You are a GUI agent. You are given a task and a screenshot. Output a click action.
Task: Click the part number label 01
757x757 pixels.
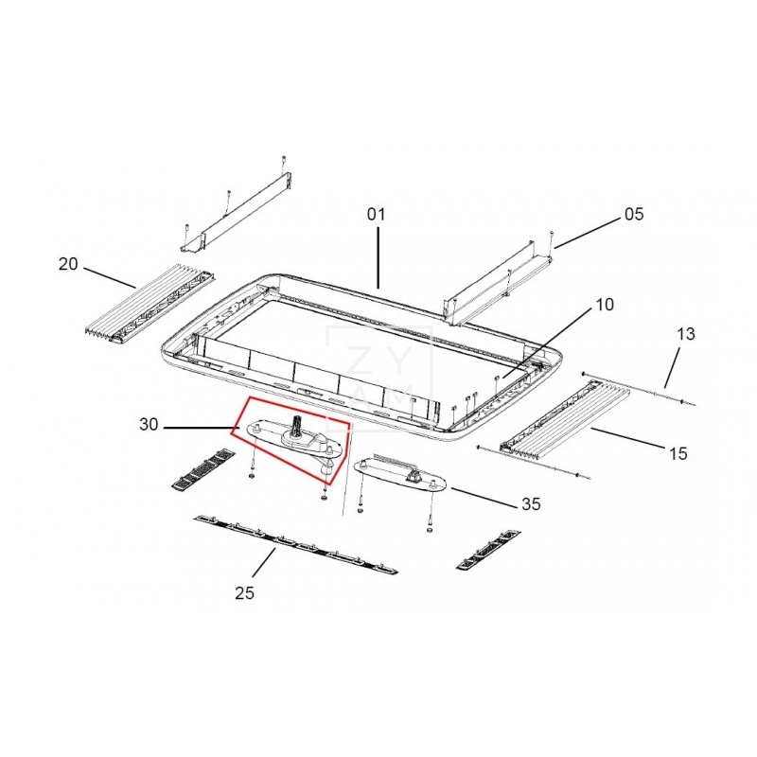point(376,214)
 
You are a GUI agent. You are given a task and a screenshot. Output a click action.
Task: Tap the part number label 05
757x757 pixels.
point(634,214)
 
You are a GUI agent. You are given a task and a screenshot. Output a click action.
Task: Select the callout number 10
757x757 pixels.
point(604,304)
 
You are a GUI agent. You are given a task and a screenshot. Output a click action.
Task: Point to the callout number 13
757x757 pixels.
point(685,334)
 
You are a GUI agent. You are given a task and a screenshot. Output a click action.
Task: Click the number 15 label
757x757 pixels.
point(678,453)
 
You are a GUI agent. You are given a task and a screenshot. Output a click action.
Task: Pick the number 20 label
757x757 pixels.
point(68,264)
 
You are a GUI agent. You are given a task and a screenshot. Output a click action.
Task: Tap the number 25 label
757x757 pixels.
point(244,593)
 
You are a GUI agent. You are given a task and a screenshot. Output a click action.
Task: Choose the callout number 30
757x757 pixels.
point(149,424)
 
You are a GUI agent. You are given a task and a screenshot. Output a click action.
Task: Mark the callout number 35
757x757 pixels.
point(531,504)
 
